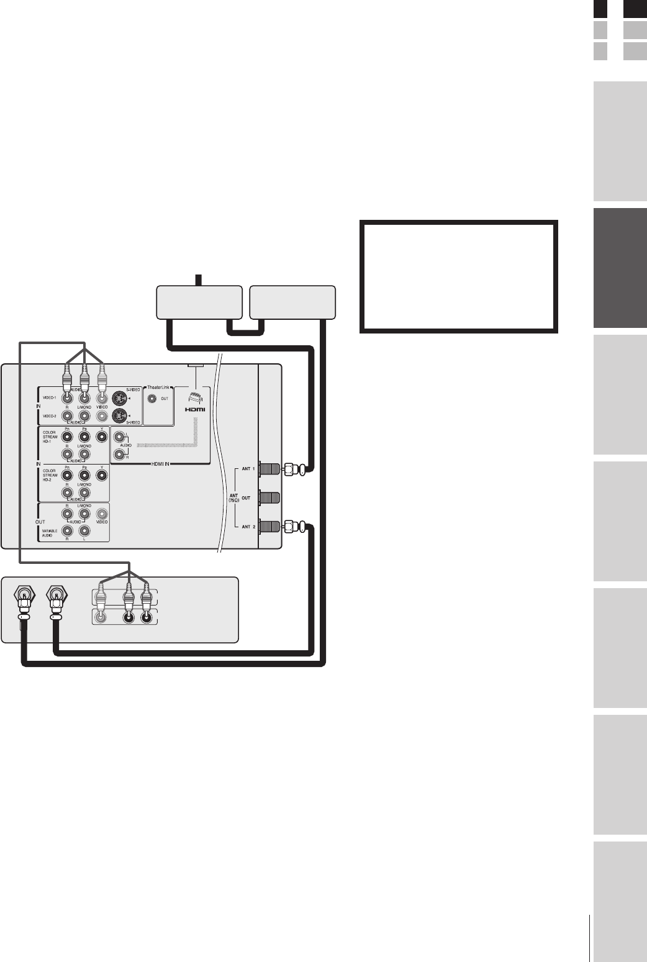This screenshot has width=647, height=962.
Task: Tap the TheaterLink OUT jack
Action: click(x=152, y=399)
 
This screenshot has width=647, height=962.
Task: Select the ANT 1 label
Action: click(x=247, y=469)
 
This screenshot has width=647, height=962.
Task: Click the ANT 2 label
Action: click(x=247, y=527)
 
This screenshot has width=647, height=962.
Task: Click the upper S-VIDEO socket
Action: click(x=118, y=399)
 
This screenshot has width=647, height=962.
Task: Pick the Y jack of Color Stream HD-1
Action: click(x=102, y=437)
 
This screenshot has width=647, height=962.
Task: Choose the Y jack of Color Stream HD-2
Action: click(x=102, y=476)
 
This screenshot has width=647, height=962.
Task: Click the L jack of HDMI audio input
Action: click(x=119, y=437)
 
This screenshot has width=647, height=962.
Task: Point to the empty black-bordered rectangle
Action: click(x=458, y=276)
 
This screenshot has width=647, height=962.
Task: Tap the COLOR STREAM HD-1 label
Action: click(x=50, y=437)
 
